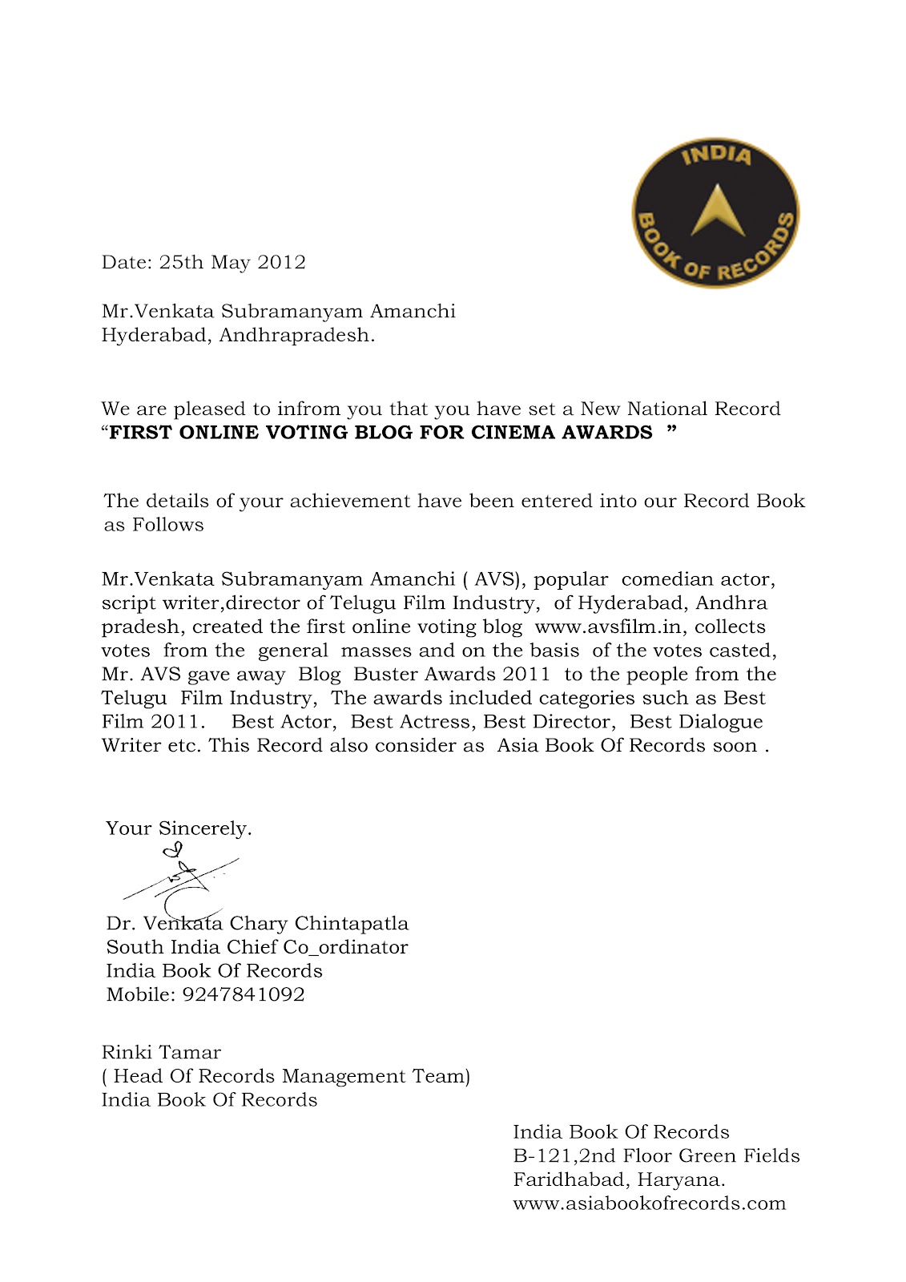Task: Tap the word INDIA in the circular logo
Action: coord(717,155)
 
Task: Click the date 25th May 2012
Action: coord(232,263)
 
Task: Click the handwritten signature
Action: coord(181,879)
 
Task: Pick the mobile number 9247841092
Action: coord(244,995)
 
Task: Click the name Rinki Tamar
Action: coord(161,1053)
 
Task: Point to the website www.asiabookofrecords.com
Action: coord(649,1203)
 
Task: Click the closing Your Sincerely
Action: coord(179,828)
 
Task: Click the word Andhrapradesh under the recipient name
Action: coord(296,336)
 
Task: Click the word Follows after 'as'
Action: coord(168,526)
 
